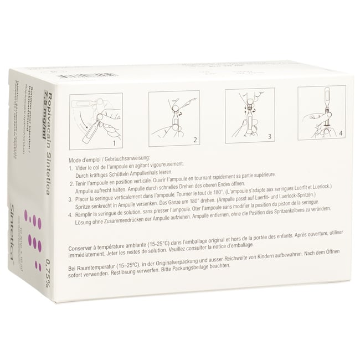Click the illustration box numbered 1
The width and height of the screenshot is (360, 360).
pos(96,121)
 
